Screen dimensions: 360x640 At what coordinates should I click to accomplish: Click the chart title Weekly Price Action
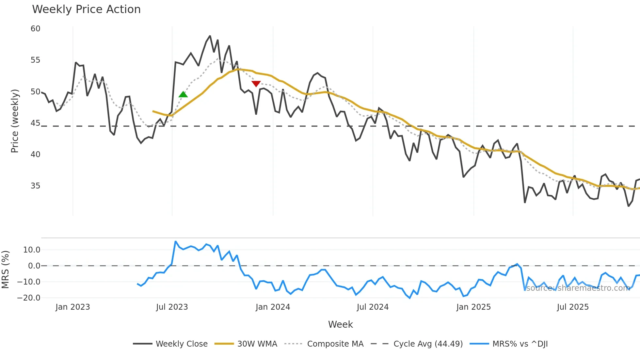coord(86,9)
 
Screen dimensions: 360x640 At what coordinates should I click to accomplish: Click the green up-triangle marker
coord(183,94)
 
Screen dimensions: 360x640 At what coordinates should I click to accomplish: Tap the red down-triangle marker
coord(256,84)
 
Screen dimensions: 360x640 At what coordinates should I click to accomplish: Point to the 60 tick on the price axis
coord(35,29)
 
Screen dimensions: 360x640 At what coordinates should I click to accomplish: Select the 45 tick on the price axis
coord(35,123)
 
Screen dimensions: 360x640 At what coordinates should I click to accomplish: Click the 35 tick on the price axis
coord(35,186)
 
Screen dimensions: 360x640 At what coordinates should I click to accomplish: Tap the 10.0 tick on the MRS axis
coord(32,250)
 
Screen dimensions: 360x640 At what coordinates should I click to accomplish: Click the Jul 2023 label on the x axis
coord(172,307)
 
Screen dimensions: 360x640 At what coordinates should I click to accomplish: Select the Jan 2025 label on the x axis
coord(473,307)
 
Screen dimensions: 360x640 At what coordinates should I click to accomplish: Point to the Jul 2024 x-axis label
coord(373,307)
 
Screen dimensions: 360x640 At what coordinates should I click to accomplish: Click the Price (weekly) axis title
coord(15,121)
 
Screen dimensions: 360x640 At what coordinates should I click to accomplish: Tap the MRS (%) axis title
coord(5,270)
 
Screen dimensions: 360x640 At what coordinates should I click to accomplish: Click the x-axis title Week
coord(340,324)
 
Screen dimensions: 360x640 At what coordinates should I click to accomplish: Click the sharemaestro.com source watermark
coord(578,288)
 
